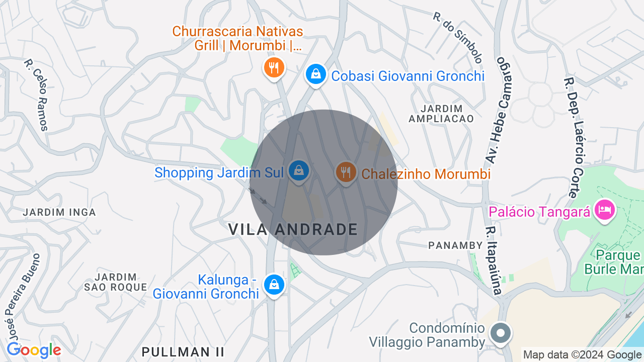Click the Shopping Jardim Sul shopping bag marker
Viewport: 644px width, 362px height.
point(299,170)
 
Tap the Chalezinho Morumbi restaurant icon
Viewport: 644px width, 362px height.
point(346,172)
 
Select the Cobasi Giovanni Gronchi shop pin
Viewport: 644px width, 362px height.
point(315,74)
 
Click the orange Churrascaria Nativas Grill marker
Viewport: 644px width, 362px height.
point(274,67)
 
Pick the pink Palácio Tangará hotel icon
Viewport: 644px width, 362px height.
point(604,209)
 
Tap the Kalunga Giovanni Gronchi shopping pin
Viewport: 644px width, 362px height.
point(274,285)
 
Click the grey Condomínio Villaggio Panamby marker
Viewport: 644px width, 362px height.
point(500,333)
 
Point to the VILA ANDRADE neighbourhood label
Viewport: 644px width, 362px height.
point(293,230)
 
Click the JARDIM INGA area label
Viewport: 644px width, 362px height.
point(59,212)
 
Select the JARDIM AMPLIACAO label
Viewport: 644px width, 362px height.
point(441,114)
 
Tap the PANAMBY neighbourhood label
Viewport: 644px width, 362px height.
point(456,245)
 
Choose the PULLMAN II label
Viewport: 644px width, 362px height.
point(183,351)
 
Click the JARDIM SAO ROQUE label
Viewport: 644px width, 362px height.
point(116,282)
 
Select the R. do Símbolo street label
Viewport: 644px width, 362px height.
point(458,37)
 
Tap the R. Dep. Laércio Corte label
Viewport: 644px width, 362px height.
point(576,137)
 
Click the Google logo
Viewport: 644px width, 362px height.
point(34,350)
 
